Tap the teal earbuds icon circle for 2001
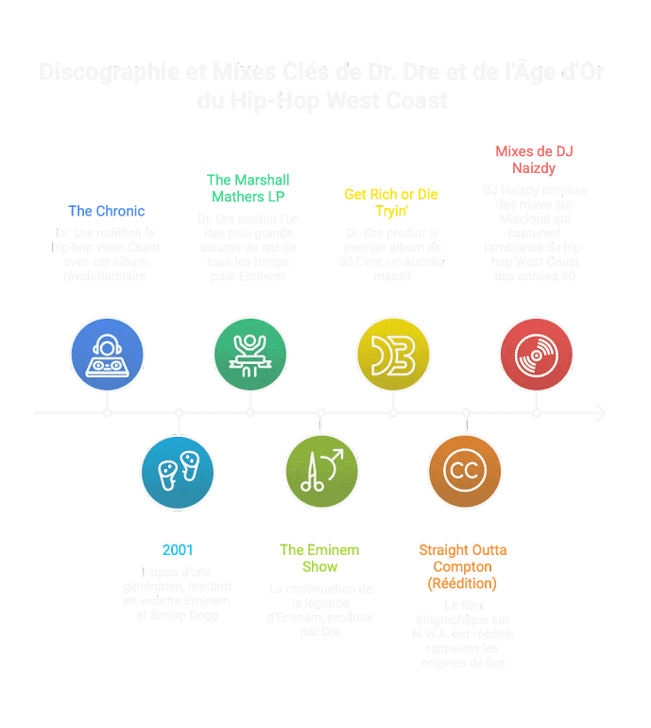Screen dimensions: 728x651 (x=178, y=471)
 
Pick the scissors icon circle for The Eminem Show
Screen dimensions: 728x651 (x=321, y=471)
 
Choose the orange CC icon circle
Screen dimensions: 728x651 (x=464, y=471)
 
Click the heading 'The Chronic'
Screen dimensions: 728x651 (x=107, y=211)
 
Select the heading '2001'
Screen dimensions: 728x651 (x=178, y=549)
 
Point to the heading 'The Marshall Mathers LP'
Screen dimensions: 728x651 (x=248, y=187)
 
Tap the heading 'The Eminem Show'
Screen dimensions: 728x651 (x=319, y=558)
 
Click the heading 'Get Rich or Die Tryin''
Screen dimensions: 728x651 (x=391, y=201)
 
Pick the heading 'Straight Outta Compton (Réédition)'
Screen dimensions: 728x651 (x=463, y=565)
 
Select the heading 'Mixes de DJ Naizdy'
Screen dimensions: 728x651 (x=535, y=159)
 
